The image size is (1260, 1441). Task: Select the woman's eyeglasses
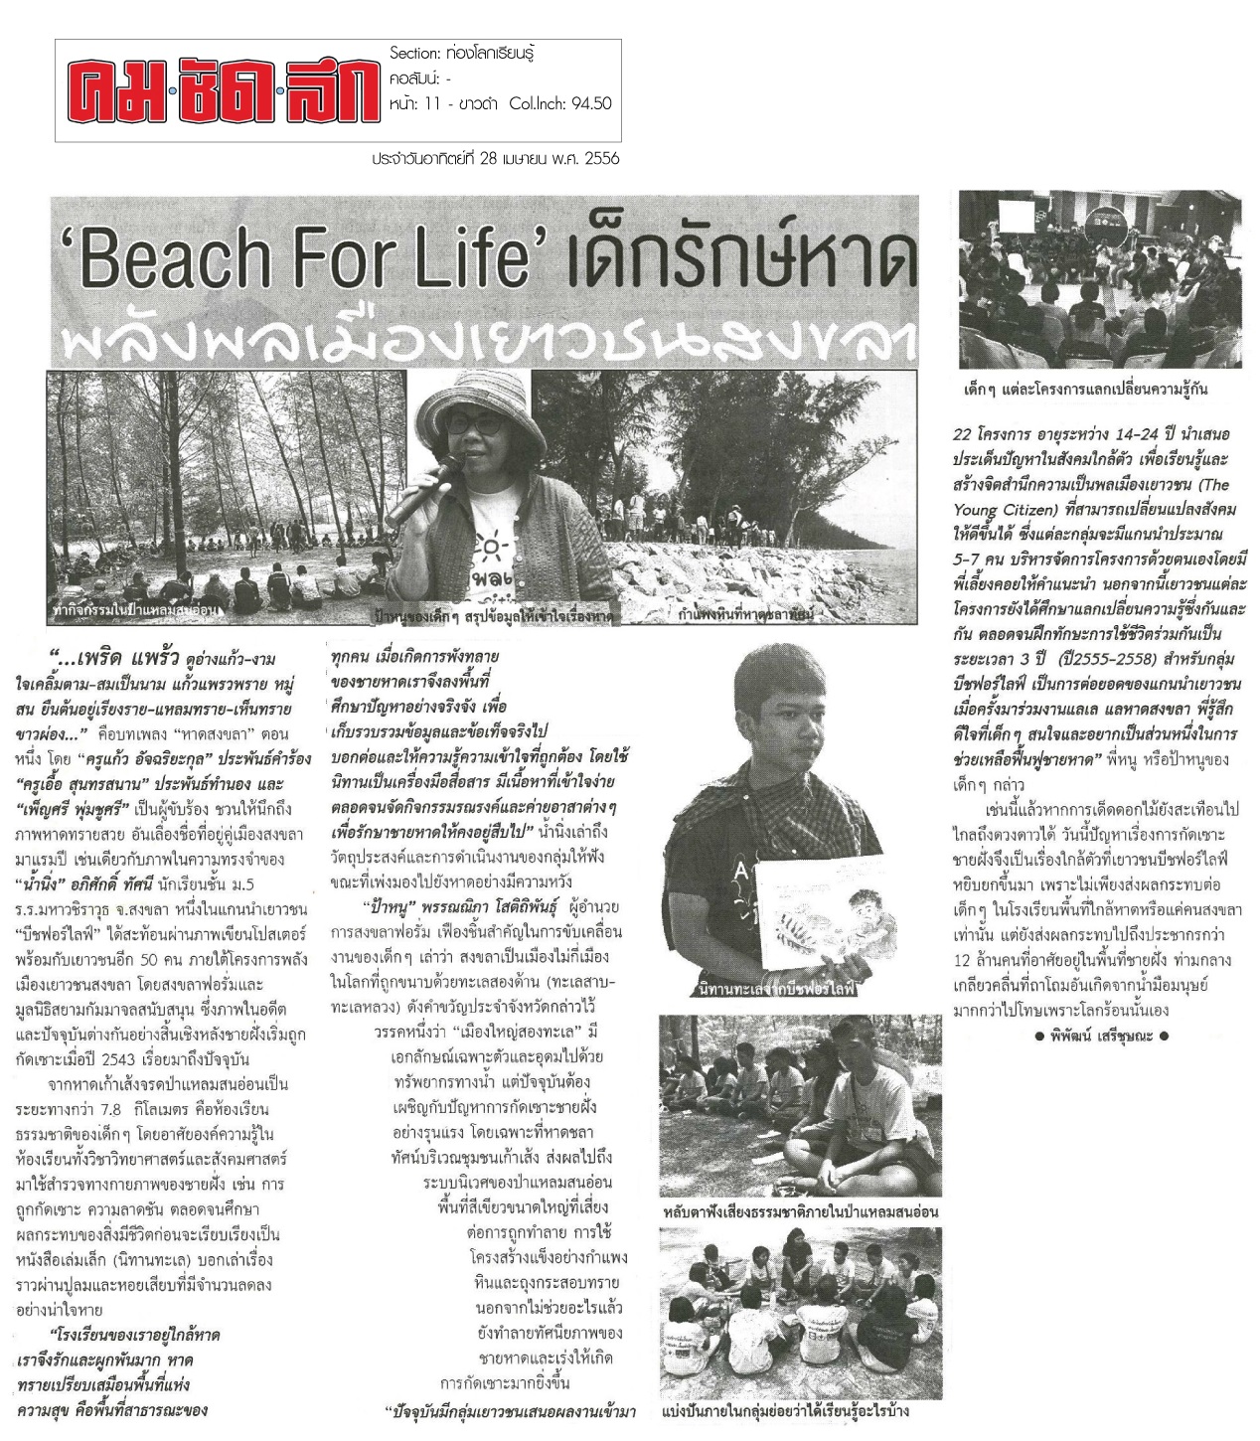[475, 423]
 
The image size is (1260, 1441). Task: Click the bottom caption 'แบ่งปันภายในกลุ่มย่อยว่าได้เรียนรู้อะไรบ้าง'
[785, 1412]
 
